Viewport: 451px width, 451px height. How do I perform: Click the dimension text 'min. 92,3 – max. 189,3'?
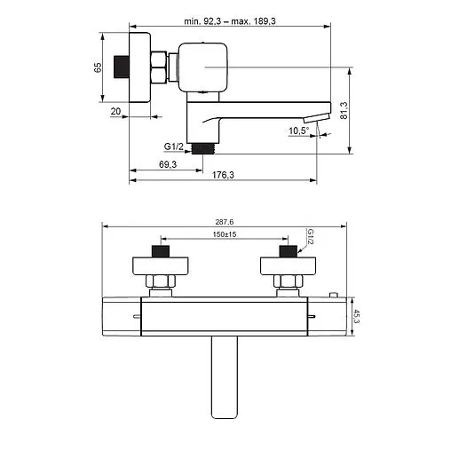[230, 21]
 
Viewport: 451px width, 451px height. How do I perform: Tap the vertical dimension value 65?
[98, 67]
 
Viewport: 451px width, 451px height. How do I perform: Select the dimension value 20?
[115, 111]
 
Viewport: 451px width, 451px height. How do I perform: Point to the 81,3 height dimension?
[344, 110]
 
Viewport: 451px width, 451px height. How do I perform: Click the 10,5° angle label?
[299, 131]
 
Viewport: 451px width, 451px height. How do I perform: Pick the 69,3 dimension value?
[168, 164]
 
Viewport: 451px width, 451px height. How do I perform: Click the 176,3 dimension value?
[223, 175]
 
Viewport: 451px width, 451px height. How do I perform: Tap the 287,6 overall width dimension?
[225, 222]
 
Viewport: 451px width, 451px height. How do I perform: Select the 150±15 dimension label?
[225, 234]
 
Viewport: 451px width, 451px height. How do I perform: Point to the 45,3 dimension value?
[357, 316]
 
